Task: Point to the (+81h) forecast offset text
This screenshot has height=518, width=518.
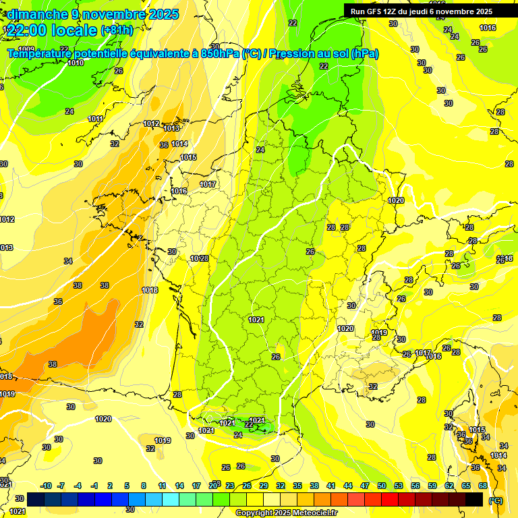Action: coord(117,30)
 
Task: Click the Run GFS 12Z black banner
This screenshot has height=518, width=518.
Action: coord(421,11)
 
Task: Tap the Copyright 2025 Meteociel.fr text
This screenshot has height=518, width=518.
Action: coord(287,513)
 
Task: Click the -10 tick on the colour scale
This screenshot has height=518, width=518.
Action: coord(46,486)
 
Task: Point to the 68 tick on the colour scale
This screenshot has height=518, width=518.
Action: coord(483,486)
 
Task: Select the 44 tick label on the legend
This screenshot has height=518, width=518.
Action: coord(348,486)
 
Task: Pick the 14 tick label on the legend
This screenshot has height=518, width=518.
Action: coord(179,486)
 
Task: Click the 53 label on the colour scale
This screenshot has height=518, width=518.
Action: coord(399,486)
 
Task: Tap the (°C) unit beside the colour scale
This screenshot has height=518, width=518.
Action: coord(496,500)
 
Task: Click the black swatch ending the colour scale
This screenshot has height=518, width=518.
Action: coord(474,500)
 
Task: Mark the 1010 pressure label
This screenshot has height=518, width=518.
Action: coord(76,63)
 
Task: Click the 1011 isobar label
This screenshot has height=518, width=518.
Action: coord(96,119)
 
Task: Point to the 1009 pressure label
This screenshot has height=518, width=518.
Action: coord(27,49)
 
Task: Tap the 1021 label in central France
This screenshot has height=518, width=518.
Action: coord(256,320)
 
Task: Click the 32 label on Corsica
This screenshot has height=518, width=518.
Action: coord(373,386)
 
